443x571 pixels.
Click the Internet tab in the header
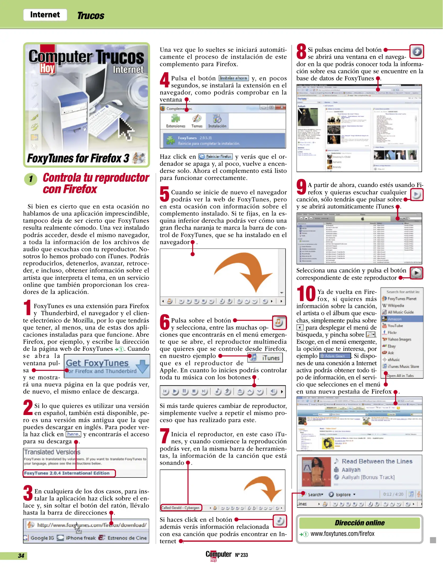pyautogui.click(x=45, y=15)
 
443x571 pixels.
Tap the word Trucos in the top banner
pyautogui.click(x=91, y=16)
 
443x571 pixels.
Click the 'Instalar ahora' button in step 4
pyautogui.click(x=234, y=78)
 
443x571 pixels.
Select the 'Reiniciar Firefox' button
pyautogui.click(x=216, y=156)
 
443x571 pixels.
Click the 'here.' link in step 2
pyautogui.click(x=73, y=434)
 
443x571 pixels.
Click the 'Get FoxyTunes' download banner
pyautogui.click(x=107, y=366)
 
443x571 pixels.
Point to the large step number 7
pyautogui.click(x=164, y=436)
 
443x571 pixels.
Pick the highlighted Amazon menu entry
pyautogui.click(x=395, y=319)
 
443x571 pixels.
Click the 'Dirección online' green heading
pyautogui.click(x=359, y=523)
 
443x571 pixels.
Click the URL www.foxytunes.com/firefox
pyautogui.click(x=342, y=534)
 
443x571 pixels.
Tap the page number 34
pyautogui.click(x=21, y=556)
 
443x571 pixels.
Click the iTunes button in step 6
pyautogui.click(x=265, y=358)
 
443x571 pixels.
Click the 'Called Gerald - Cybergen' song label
pyautogui.click(x=181, y=508)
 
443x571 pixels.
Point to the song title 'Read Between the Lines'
pyautogui.click(x=377, y=461)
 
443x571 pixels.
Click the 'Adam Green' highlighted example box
pyautogui.click(x=335, y=356)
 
